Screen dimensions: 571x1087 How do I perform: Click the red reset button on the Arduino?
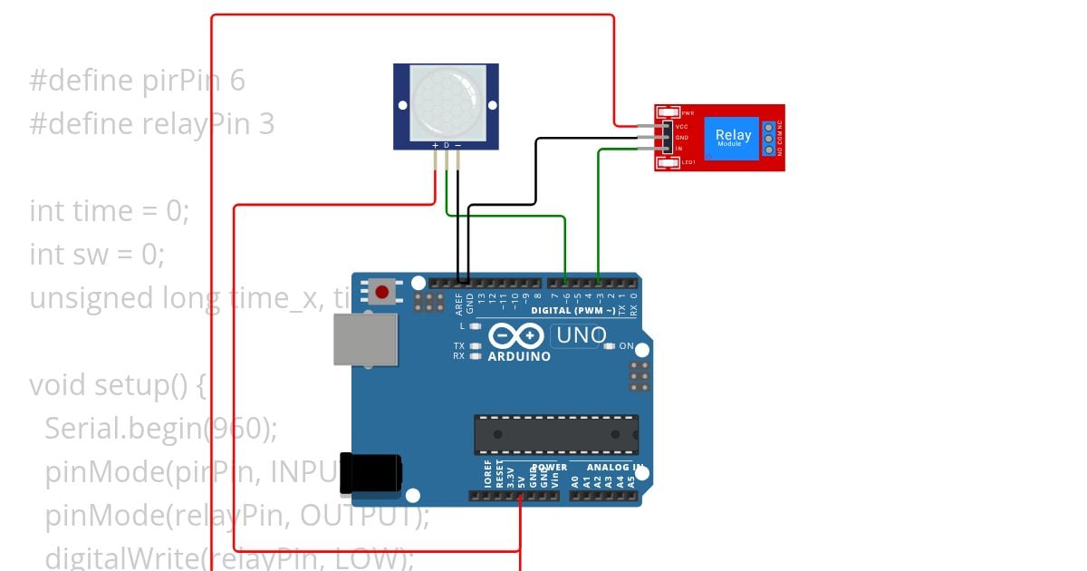click(382, 292)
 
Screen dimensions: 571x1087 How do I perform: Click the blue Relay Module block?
click(733, 137)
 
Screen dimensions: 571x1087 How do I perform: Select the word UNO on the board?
click(581, 335)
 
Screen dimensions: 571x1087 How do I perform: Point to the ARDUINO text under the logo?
click(519, 356)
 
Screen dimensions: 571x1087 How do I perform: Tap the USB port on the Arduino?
click(365, 339)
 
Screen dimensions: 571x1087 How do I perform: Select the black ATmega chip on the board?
click(556, 434)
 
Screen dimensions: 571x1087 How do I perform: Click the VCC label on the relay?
click(682, 126)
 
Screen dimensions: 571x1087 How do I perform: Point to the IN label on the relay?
click(679, 148)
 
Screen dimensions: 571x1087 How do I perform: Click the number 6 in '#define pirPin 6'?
click(237, 81)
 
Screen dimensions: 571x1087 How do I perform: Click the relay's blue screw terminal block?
click(769, 137)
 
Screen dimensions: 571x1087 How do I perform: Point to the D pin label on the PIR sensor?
click(446, 145)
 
